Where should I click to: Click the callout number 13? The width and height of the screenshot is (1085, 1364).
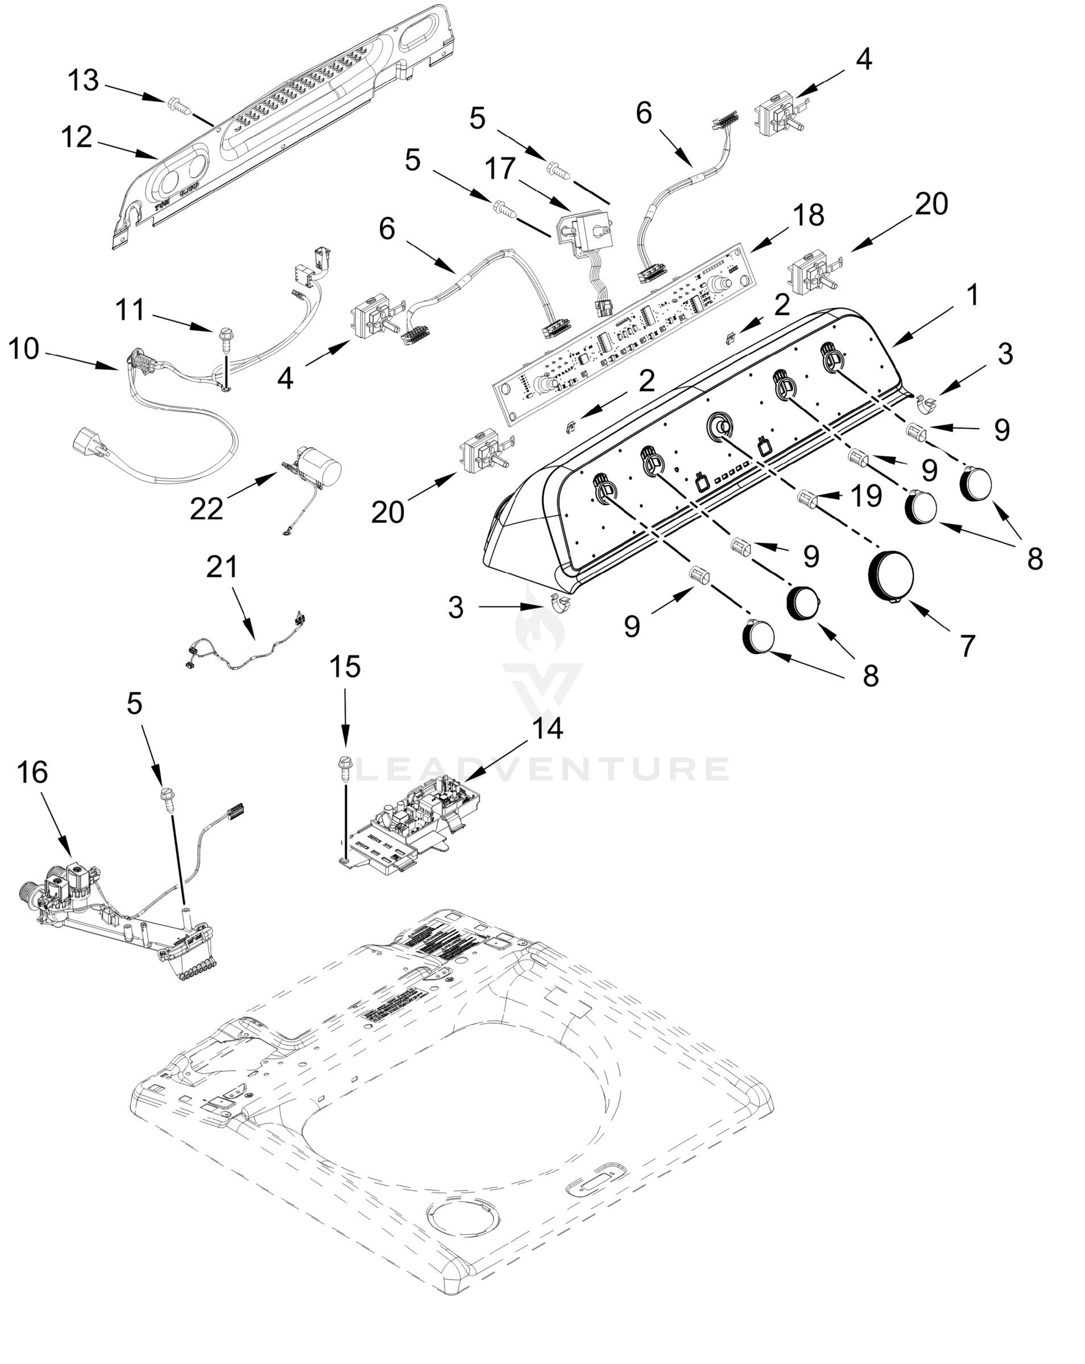[84, 81]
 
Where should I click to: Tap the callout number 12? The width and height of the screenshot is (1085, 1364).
[77, 138]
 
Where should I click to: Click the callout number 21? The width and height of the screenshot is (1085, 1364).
[222, 567]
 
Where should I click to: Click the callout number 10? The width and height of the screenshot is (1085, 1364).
[24, 348]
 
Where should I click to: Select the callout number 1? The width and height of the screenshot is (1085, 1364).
[972, 294]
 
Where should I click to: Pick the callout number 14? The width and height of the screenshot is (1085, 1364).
[547, 729]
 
